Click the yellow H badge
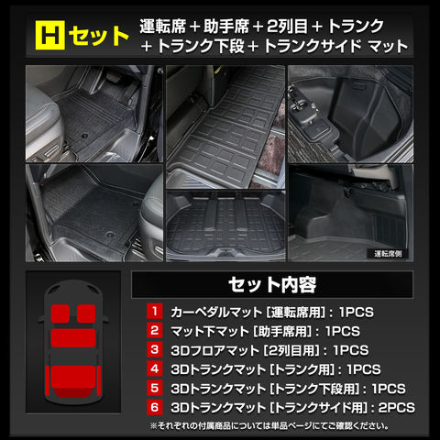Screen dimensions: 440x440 click(50, 35)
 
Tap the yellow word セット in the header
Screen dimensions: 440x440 click(98, 36)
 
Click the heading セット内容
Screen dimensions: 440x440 click(272, 285)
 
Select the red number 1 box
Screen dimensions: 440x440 click(155, 311)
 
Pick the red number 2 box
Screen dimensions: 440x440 click(155, 330)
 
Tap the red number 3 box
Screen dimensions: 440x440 click(155, 349)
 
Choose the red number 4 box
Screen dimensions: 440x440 click(155, 368)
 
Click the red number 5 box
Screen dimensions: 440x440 click(155, 388)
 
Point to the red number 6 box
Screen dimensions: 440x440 click(155, 407)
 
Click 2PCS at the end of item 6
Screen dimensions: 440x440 click(397, 408)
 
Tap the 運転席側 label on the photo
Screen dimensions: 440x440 click(388, 254)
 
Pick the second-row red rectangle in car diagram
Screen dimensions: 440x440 click(73, 338)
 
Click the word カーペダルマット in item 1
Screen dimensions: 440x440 click(216, 313)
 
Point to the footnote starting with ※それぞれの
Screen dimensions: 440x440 click(269, 426)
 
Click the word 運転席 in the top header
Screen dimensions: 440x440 click(163, 27)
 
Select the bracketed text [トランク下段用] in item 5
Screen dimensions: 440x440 click(315, 389)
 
